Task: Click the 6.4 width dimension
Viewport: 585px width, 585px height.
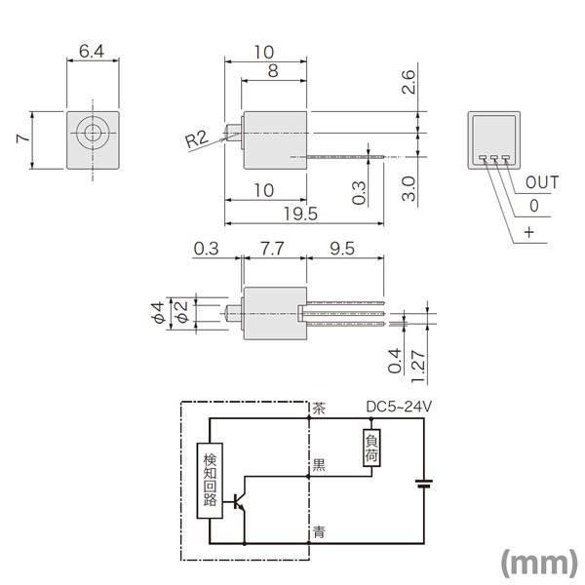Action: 93,51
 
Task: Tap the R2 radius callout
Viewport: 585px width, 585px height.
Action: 196,139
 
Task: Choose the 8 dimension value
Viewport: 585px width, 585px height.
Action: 272,71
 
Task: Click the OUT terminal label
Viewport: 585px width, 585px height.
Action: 542,182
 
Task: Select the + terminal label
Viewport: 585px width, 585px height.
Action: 529,232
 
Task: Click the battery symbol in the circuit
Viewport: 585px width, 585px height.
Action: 424,483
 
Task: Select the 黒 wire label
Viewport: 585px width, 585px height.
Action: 318,466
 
